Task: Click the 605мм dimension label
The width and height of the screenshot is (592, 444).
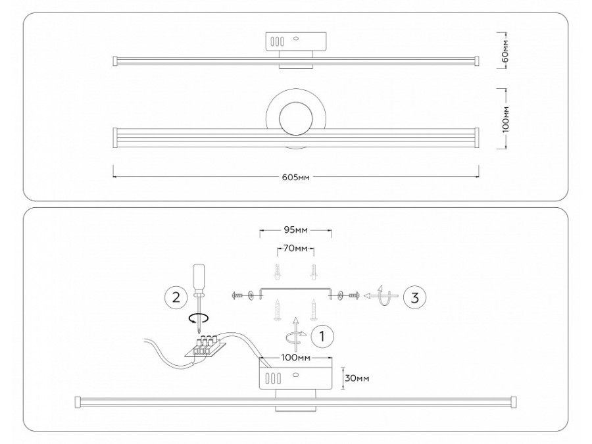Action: (x=296, y=177)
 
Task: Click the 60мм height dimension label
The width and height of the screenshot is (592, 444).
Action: (x=505, y=49)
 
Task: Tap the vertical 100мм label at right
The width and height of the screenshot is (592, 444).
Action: (x=505, y=119)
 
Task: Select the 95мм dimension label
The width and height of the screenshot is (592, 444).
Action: (x=295, y=231)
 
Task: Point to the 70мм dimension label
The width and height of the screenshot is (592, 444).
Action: (x=295, y=249)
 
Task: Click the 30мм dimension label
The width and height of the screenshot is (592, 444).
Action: (x=357, y=378)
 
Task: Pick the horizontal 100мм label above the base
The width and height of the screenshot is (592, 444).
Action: (x=295, y=358)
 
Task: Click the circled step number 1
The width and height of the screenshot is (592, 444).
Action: (x=321, y=336)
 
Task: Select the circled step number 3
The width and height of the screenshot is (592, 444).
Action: (x=414, y=297)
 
